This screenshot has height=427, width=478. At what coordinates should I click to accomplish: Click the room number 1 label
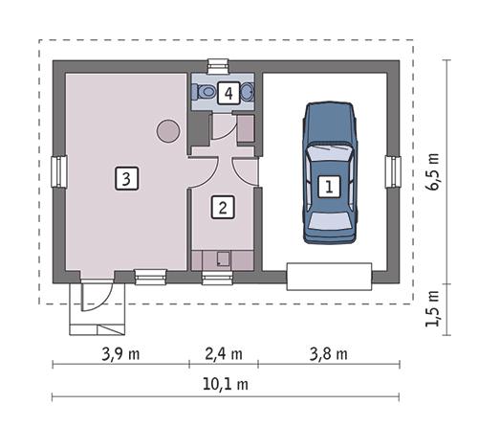(328, 187)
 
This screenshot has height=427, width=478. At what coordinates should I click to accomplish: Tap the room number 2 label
(223, 206)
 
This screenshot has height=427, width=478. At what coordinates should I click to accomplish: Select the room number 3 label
(125, 176)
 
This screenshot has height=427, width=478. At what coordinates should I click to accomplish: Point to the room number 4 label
(227, 93)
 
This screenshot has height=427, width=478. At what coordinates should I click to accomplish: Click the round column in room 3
(168, 130)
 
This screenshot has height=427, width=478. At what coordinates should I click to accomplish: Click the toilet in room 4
(204, 92)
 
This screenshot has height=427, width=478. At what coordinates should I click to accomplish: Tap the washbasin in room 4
(248, 93)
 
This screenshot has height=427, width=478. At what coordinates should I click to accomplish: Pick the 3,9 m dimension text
(120, 352)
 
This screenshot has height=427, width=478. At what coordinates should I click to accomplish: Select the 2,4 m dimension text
(223, 352)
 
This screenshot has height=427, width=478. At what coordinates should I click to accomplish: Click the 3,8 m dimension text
(327, 352)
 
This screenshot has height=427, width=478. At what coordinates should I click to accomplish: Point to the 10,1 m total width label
(226, 385)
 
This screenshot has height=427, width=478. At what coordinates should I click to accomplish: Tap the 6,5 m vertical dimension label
(435, 170)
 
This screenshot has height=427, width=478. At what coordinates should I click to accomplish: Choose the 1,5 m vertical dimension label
(435, 310)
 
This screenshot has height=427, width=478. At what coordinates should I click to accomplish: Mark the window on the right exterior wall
(392, 172)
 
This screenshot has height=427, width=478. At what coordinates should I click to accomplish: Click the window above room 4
(217, 66)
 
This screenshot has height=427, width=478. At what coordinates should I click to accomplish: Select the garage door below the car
(328, 276)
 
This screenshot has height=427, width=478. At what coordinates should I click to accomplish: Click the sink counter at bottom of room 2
(223, 258)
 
